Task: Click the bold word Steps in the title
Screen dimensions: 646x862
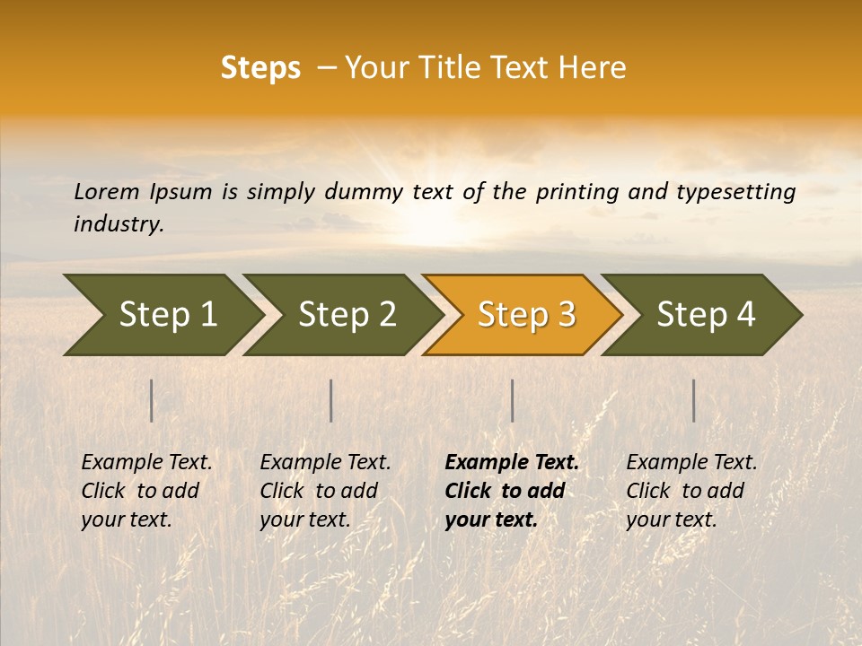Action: click(x=260, y=68)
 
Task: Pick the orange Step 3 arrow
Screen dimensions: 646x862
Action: click(x=526, y=315)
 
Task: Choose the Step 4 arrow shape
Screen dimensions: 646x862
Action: click(x=706, y=315)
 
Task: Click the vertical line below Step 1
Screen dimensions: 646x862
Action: click(x=152, y=400)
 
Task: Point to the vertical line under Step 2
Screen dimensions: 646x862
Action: click(x=331, y=400)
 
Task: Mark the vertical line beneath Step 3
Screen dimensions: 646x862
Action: click(x=512, y=400)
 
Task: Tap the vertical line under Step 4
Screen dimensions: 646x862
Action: click(x=694, y=400)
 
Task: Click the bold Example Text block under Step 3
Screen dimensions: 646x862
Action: click(x=511, y=491)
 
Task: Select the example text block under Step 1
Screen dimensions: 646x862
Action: click(x=146, y=491)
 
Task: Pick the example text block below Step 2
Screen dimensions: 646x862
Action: click(x=325, y=491)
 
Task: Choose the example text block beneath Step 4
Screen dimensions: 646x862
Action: click(x=691, y=491)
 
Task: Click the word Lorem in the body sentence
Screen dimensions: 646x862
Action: click(x=107, y=192)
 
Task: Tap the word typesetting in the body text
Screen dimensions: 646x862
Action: click(x=743, y=192)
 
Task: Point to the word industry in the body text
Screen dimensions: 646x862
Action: click(x=119, y=224)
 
